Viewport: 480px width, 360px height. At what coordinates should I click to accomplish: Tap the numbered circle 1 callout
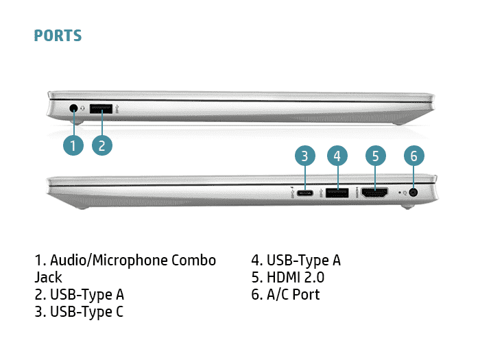pos(73,145)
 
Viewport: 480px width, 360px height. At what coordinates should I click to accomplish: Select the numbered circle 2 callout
pos(101,145)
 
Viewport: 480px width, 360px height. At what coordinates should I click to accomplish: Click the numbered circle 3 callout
pos(306,156)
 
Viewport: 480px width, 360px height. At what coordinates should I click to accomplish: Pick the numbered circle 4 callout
pos(336,156)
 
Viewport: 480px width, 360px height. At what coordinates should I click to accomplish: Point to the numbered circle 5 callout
pos(374,156)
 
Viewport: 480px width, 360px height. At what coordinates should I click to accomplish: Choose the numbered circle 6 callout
pos(412,156)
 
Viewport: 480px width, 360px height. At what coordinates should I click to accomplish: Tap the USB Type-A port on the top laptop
pos(101,108)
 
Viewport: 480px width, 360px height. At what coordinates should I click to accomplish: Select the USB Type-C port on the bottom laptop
pos(306,193)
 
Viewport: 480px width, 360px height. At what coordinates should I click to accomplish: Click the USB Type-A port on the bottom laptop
pos(335,193)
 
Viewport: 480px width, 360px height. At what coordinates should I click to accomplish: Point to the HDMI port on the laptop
pos(374,193)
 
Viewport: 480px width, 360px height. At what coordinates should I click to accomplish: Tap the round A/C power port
pos(413,193)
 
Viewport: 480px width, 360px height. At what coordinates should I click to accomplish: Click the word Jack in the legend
pos(48,278)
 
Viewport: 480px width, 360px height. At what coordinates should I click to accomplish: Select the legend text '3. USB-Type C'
pos(79,312)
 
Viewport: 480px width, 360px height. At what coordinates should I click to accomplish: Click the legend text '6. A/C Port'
pos(285,295)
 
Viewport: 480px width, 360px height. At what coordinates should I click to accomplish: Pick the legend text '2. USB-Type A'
pos(79,295)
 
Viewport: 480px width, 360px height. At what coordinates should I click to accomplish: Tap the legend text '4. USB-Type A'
pos(296,261)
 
